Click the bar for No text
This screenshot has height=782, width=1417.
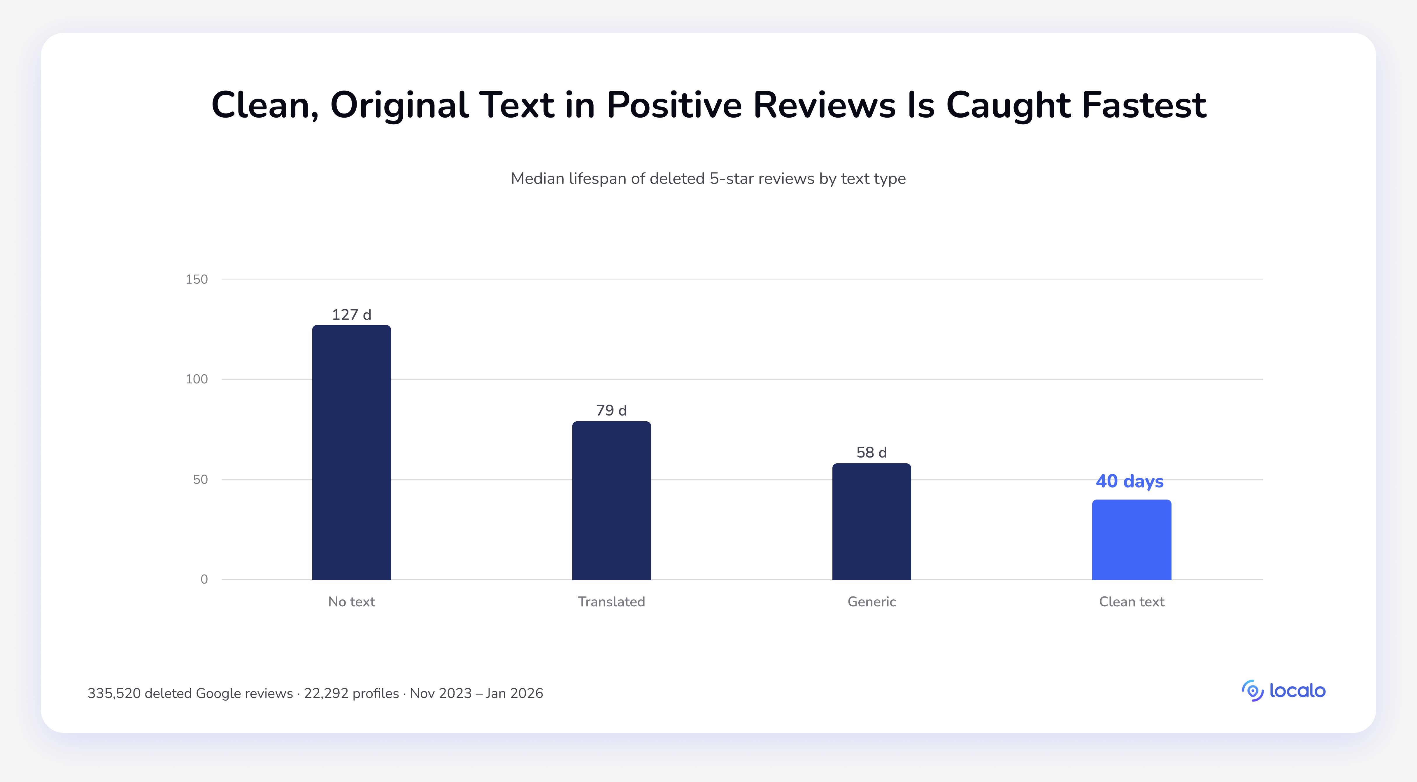pyautogui.click(x=352, y=452)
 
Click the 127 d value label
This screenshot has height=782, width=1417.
pyautogui.click(x=352, y=315)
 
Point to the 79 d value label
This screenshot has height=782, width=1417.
pyautogui.click(x=612, y=411)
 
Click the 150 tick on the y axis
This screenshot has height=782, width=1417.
pyautogui.click(x=197, y=280)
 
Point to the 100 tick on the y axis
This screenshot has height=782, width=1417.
pyautogui.click(x=197, y=379)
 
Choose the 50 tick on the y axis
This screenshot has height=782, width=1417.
pyautogui.click(x=200, y=479)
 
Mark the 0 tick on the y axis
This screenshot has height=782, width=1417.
pyautogui.click(x=204, y=579)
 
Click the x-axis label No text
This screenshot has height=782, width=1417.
pyautogui.click(x=352, y=601)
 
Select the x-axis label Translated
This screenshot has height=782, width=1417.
pyautogui.click(x=612, y=601)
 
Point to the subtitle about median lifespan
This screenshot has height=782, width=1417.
pyautogui.click(x=708, y=179)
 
